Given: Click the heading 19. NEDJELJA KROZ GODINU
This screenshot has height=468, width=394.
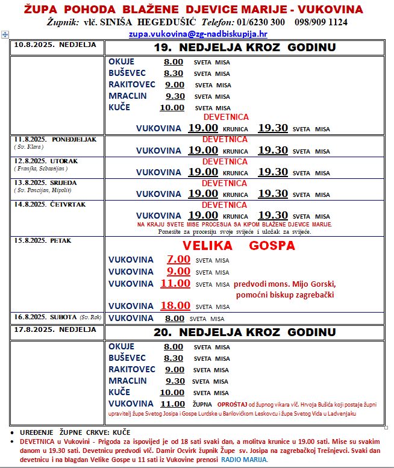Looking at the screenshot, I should tap(244, 48).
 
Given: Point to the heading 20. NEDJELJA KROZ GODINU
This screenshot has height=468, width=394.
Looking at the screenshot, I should tap(244, 332).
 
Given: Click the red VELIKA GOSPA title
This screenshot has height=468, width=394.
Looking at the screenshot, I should tap(239, 246).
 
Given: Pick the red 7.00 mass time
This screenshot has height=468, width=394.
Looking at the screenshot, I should tap(178, 260).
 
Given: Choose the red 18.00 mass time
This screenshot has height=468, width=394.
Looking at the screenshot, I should tap(175, 305).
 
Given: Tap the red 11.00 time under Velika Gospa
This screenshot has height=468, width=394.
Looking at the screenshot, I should tap(175, 283).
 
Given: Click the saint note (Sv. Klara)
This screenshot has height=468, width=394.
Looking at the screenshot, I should tap(28, 146).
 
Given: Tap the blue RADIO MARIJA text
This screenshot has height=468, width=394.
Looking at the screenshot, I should tap(243, 459).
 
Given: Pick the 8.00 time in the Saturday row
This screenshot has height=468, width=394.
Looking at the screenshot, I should tap(175, 318).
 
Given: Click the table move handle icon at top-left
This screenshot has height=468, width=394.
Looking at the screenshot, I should tap(5, 35).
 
